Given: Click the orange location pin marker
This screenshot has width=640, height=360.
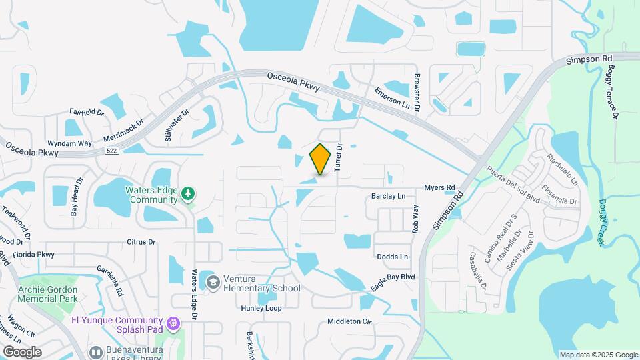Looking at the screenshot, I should click(321, 159).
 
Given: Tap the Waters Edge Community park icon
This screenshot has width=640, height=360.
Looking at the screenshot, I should click(189, 193).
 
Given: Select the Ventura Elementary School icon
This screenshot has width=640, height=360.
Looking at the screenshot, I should click(213, 283).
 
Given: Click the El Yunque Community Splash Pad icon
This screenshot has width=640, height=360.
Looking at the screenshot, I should click(173, 324).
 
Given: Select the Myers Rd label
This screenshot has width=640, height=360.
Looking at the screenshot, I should click(439, 187).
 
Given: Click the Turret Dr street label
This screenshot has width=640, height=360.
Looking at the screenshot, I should click(339, 157).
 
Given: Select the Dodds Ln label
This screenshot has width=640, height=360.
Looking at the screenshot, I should click(392, 257).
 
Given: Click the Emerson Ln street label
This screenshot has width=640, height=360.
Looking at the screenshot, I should click(391, 100).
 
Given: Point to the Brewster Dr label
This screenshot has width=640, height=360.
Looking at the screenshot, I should click(417, 92).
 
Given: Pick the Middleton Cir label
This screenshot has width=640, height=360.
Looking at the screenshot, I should click(349, 321).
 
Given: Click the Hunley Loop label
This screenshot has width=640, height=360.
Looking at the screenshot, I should click(261, 308).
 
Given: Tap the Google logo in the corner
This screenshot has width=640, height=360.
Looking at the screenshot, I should click(22, 351).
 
